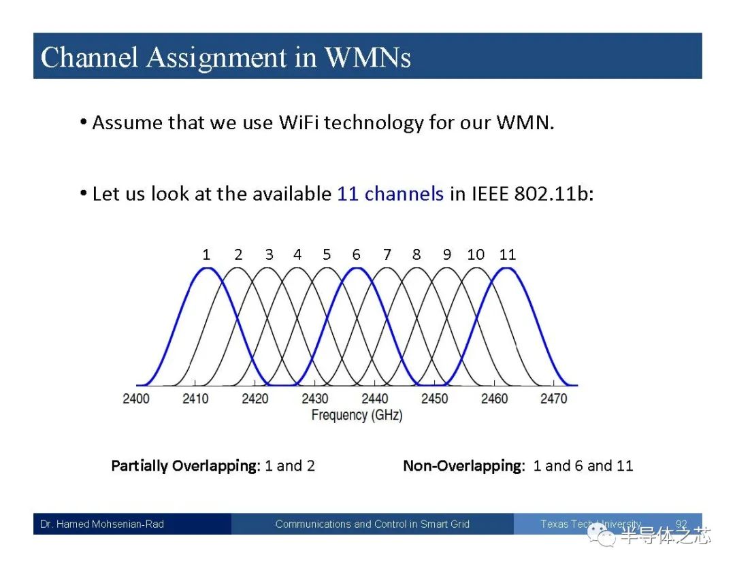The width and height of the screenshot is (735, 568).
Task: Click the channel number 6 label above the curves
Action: (x=356, y=254)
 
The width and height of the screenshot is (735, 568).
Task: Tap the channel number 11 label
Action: (x=508, y=254)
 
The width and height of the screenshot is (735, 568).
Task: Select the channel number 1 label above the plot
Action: (x=206, y=254)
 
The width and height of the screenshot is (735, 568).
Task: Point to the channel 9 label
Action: (x=447, y=254)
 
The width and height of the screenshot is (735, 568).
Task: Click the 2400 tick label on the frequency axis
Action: (x=136, y=399)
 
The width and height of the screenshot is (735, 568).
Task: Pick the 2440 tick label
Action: (x=374, y=399)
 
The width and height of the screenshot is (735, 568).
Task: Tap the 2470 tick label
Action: (x=553, y=399)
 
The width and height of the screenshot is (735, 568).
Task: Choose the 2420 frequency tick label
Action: (x=255, y=399)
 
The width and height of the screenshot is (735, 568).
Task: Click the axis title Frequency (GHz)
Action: (x=357, y=415)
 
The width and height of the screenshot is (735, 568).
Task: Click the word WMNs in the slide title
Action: (x=368, y=57)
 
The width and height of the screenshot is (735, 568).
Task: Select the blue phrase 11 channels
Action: (x=390, y=194)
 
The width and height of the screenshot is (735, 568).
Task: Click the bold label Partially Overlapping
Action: (x=184, y=466)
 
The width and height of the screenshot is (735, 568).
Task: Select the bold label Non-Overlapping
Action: (x=463, y=466)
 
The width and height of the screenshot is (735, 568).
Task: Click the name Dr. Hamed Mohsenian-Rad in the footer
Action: (x=102, y=524)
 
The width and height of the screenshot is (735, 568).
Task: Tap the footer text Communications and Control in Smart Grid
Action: (x=372, y=524)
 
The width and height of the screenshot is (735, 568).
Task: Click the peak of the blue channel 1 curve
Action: (x=208, y=269)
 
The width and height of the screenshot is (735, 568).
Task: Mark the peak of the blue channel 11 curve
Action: (x=507, y=269)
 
